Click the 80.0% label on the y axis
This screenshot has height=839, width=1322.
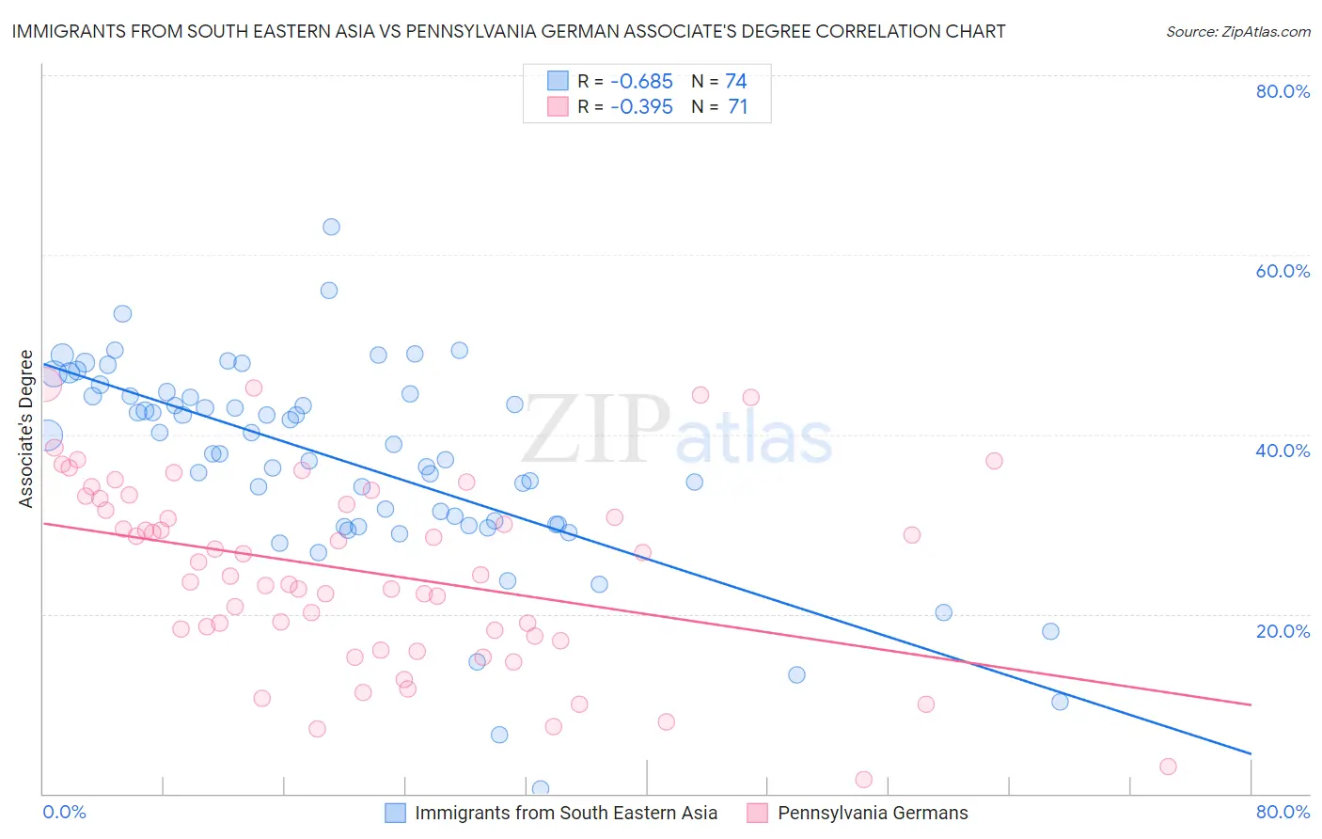click(x=1283, y=91)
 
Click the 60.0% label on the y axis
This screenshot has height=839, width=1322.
click(x=1283, y=271)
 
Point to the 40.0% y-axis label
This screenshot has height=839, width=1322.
click(x=1283, y=451)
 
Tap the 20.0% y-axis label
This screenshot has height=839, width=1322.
click(x=1283, y=631)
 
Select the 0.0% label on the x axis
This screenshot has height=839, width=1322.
click(x=64, y=812)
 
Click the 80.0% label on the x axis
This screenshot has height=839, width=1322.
click(x=1283, y=812)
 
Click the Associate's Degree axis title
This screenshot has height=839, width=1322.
click(x=26, y=429)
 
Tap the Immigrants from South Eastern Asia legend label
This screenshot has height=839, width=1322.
click(x=566, y=813)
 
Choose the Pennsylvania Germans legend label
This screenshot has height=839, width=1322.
click(x=873, y=813)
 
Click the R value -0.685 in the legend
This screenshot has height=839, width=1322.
click(x=641, y=82)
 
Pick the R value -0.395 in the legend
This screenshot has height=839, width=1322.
click(x=641, y=107)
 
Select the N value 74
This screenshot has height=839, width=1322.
click(x=736, y=82)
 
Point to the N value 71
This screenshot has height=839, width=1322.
click(x=738, y=107)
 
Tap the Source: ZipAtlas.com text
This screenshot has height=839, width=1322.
click(x=1237, y=32)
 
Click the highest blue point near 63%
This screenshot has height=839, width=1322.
click(x=331, y=227)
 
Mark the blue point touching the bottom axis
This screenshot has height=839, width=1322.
click(x=540, y=788)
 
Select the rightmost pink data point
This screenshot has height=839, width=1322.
click(x=1168, y=767)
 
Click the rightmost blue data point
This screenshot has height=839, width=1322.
click(x=1060, y=702)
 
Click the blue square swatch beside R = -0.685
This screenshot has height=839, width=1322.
click(x=558, y=82)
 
